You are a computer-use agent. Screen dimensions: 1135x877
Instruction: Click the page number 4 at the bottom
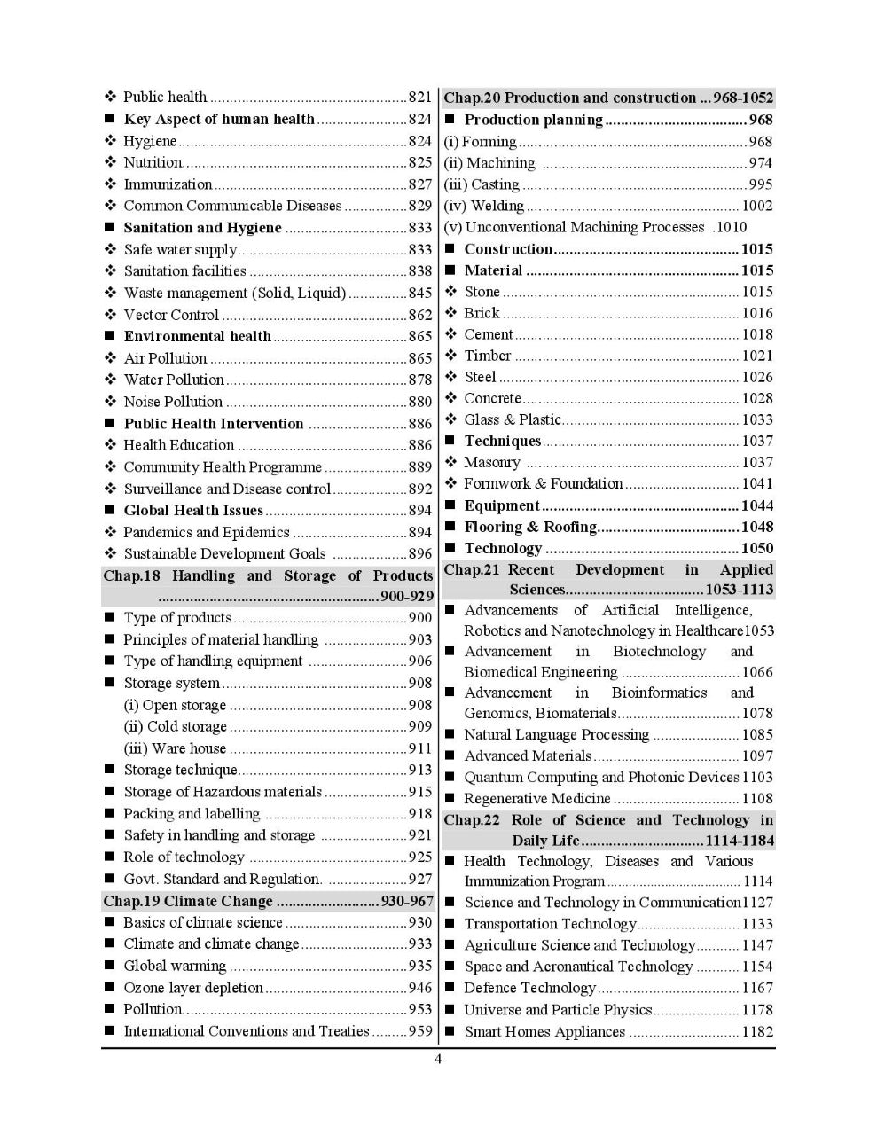(438, 1059)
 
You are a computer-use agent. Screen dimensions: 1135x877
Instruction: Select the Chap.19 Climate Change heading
(188, 901)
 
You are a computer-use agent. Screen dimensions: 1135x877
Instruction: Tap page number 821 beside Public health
(420, 98)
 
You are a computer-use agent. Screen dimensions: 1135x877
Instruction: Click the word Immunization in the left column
(168, 184)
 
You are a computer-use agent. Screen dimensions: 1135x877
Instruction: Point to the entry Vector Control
(171, 315)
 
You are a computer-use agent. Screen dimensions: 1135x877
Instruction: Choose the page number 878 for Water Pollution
(420, 380)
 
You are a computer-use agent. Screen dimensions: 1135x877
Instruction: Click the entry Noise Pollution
(173, 402)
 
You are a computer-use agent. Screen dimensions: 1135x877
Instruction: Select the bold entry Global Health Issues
(193, 510)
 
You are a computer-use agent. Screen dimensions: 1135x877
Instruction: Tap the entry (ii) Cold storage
(176, 726)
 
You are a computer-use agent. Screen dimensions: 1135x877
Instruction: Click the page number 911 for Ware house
(420, 748)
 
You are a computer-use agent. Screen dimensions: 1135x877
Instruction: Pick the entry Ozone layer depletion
(193, 988)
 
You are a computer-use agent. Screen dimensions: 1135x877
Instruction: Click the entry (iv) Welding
(484, 206)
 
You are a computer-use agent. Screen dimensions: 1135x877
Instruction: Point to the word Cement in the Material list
(489, 334)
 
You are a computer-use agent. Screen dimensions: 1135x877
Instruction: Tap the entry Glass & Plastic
(513, 419)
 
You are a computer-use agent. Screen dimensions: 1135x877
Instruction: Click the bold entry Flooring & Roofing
(530, 527)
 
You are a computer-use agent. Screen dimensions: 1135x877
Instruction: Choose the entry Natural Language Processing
(556, 734)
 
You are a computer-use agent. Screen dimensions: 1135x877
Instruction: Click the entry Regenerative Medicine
(537, 798)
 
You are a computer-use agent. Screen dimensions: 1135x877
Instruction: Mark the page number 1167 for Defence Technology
(757, 988)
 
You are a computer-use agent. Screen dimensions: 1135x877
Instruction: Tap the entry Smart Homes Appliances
(544, 1031)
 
